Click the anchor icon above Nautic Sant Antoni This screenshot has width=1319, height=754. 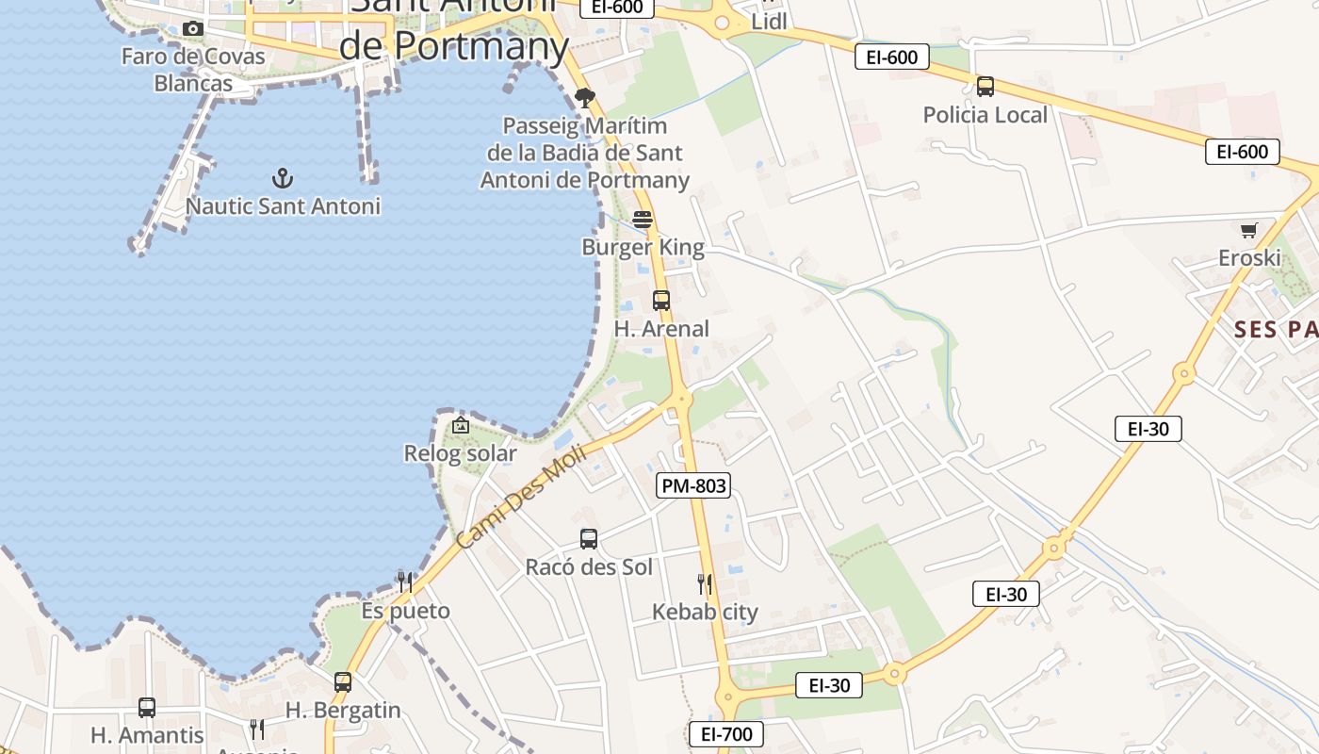click(x=282, y=177)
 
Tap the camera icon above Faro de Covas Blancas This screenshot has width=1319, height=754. click(x=193, y=29)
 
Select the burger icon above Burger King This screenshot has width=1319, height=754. click(x=643, y=220)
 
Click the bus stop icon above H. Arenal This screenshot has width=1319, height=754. click(x=661, y=301)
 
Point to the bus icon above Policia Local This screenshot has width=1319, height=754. click(x=985, y=87)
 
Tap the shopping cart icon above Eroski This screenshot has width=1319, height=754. click(x=1249, y=230)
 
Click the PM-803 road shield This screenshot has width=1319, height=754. click(x=693, y=485)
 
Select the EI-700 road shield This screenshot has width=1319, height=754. click(x=725, y=734)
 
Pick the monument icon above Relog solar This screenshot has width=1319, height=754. click(x=460, y=426)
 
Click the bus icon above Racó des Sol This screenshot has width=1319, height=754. click(x=589, y=539)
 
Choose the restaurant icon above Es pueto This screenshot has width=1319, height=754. click(x=405, y=582)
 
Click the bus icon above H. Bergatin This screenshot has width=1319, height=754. click(x=343, y=682)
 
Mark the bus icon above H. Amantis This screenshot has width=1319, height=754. click(x=147, y=708)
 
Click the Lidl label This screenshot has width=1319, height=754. click(x=770, y=21)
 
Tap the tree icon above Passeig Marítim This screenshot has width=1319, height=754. click(x=585, y=97)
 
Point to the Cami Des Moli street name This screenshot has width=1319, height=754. click(x=521, y=497)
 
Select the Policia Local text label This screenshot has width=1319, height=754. click(x=985, y=115)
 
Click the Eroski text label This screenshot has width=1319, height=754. click(x=1249, y=258)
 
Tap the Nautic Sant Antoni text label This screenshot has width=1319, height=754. click(x=283, y=205)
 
